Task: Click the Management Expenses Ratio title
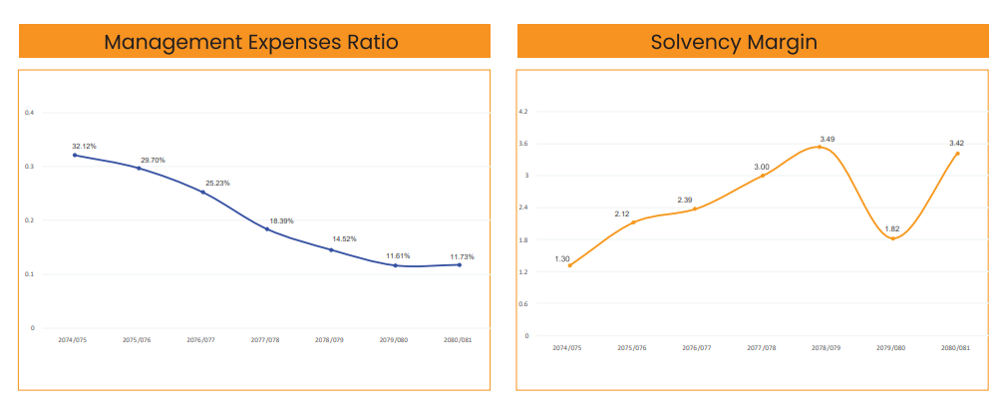click(251, 42)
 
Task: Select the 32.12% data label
click(84, 147)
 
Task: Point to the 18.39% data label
click(281, 220)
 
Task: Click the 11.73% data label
click(460, 256)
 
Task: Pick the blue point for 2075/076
click(139, 168)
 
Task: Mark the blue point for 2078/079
click(331, 249)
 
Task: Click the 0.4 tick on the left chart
click(31, 113)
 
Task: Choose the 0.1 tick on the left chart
click(31, 274)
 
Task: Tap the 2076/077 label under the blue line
click(201, 340)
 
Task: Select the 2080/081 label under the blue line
click(459, 340)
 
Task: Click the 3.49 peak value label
click(827, 139)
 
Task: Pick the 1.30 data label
click(562, 258)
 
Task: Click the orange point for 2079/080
click(892, 238)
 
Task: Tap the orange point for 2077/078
click(763, 176)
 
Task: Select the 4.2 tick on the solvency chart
click(523, 112)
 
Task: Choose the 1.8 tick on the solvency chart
click(523, 239)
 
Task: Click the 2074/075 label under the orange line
click(566, 348)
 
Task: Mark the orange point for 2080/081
click(957, 153)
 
